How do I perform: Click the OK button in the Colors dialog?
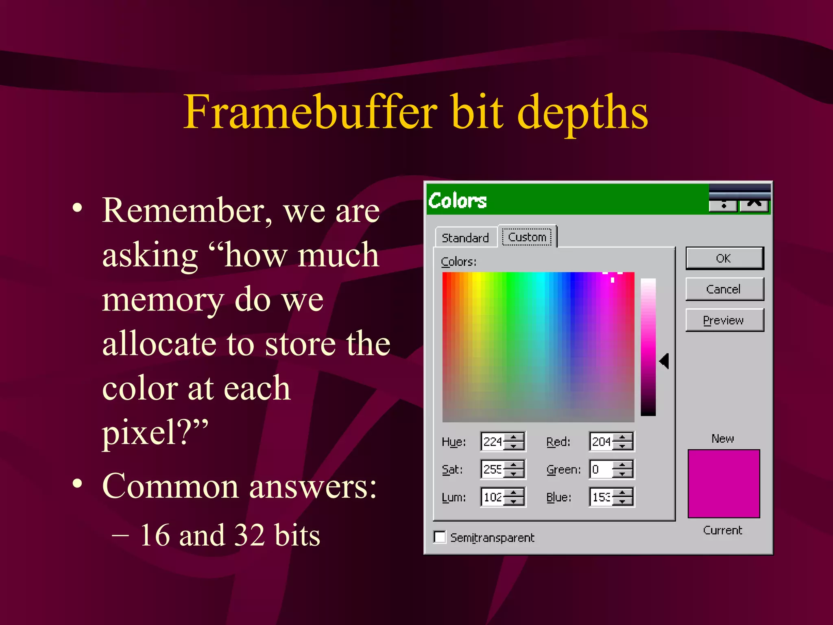(x=724, y=258)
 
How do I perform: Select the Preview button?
(x=724, y=320)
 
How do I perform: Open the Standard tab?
(x=465, y=238)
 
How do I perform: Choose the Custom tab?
(x=527, y=237)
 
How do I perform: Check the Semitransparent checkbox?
(x=440, y=537)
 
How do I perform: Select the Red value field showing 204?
(x=601, y=441)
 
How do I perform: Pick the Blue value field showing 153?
(x=601, y=497)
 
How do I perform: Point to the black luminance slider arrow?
(x=664, y=361)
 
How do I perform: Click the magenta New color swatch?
(x=724, y=483)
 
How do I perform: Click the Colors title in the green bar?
(x=458, y=201)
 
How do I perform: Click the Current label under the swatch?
(x=723, y=530)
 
